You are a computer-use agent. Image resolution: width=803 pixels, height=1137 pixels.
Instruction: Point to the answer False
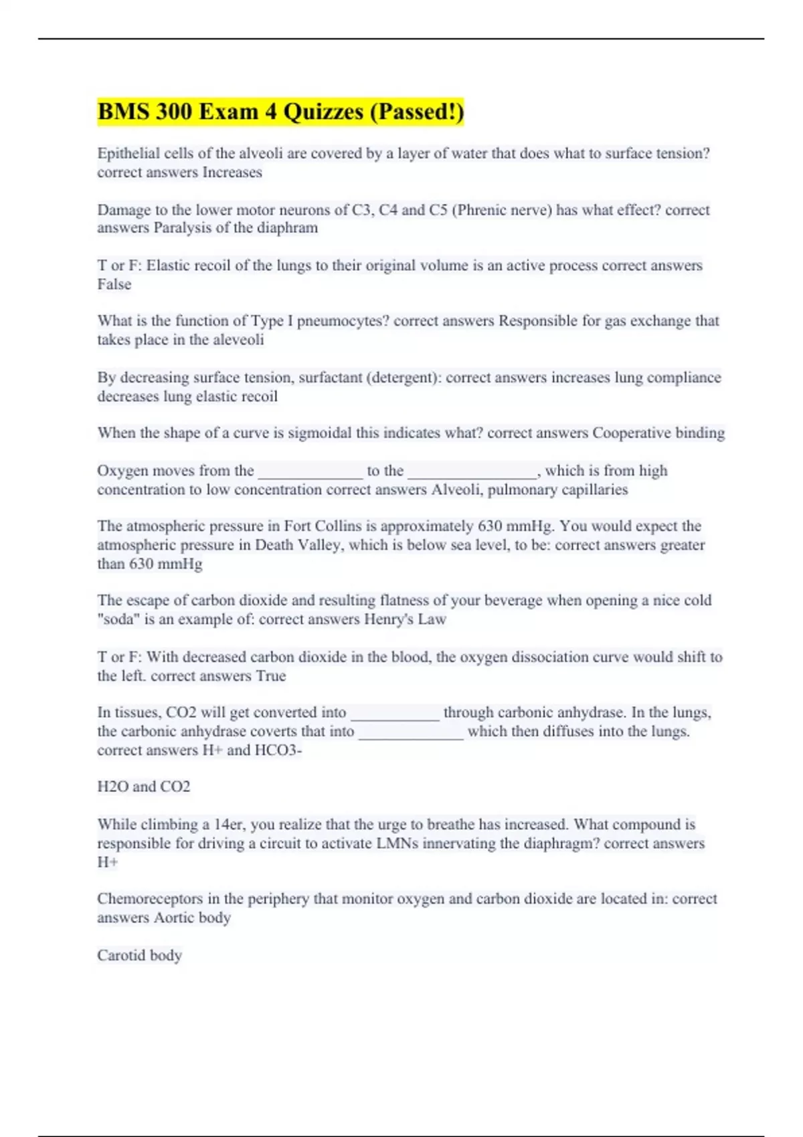tap(114, 284)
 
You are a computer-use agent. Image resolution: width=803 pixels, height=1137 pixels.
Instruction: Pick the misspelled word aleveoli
tap(238, 340)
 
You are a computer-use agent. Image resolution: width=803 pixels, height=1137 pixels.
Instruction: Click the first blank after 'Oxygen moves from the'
tap(310, 472)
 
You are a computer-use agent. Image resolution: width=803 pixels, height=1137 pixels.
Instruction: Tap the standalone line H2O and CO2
tap(144, 787)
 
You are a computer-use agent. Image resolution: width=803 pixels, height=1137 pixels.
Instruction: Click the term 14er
tap(228, 824)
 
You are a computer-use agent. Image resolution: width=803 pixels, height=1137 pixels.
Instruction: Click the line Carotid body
tap(139, 955)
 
